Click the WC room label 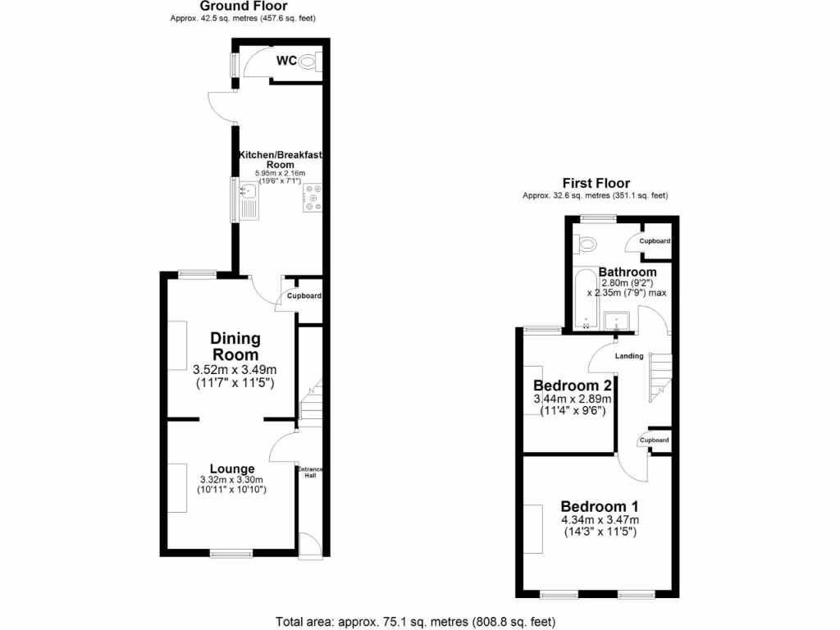pos(286,60)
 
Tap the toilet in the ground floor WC pos(309,61)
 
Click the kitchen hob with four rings pos(312,198)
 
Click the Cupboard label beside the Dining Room pos(304,296)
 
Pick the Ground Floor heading pos(234,6)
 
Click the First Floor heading pos(596,183)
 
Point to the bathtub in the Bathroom pos(585,300)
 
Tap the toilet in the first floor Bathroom pos(586,244)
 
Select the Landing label pos(629,356)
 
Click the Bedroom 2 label pos(572,386)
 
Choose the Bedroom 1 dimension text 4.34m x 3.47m pos(600,520)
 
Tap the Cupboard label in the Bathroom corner pos(655,241)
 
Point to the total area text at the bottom pos(420,621)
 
